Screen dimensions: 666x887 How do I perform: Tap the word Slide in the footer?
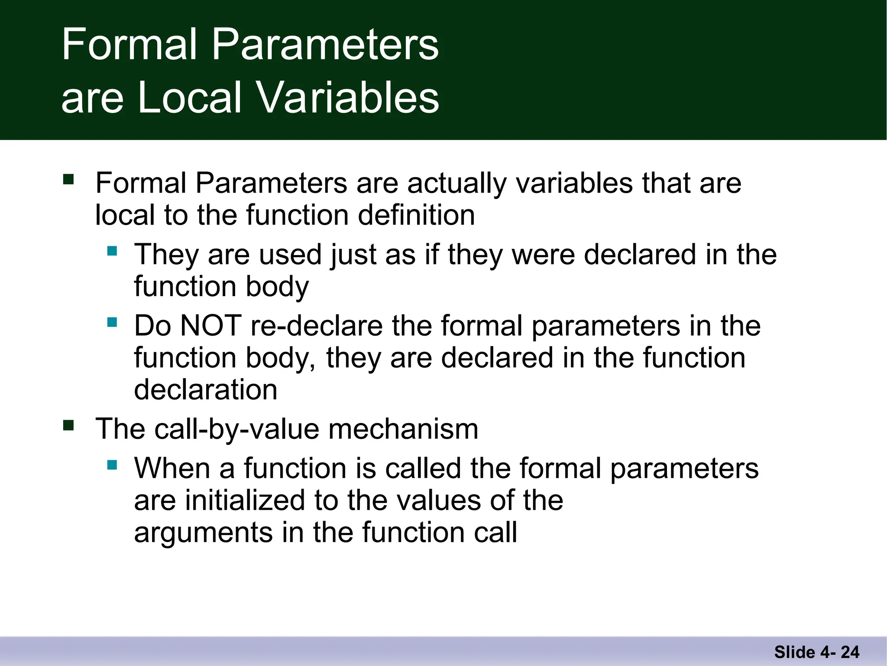794,652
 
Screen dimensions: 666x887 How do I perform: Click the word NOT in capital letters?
210,326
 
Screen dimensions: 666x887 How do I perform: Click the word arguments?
203,533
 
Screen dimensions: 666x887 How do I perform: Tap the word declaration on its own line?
205,389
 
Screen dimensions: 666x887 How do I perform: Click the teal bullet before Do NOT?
112,322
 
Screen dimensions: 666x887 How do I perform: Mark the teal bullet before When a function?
112,465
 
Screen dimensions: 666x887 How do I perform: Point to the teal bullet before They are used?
112,251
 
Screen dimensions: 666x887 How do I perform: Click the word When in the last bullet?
172,468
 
